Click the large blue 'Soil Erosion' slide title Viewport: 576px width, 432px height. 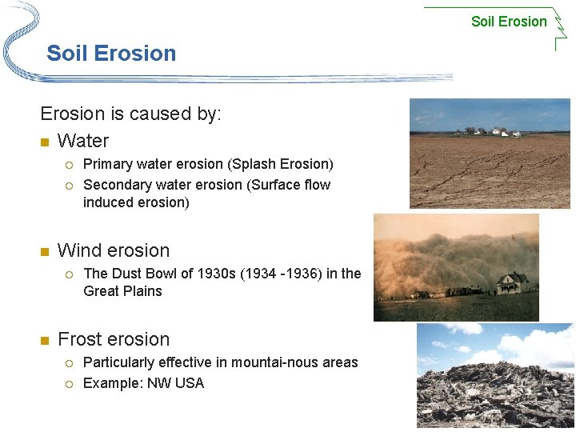tap(111, 54)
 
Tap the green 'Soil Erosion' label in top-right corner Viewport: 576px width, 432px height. tap(509, 22)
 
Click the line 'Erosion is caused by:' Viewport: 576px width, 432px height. tap(130, 114)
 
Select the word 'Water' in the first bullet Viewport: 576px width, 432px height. tap(83, 141)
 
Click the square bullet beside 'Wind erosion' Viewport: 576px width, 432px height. tap(45, 251)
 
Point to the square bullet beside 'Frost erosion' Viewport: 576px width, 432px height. tap(45, 340)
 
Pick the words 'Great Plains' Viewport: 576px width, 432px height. tap(122, 291)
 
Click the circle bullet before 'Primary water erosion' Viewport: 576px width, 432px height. tap(70, 165)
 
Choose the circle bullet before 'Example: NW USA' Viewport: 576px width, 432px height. tap(70, 384)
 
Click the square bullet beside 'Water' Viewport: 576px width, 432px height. tap(45, 142)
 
